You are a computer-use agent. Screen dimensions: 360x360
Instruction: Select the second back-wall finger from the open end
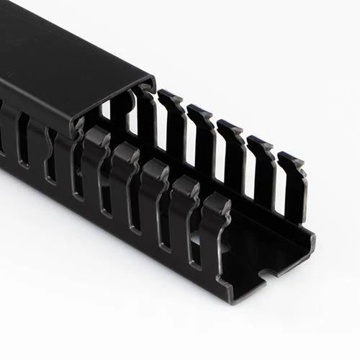tap(260, 169)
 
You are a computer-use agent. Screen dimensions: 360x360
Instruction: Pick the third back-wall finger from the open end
tap(230, 155)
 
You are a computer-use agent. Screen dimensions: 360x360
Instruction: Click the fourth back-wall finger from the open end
tap(201, 140)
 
